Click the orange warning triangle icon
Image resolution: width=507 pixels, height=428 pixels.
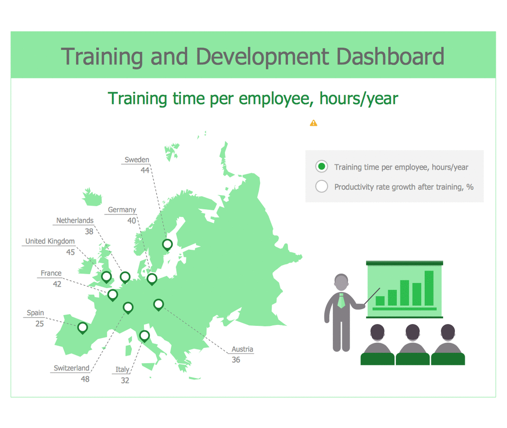(313, 123)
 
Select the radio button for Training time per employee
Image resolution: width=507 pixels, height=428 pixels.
(322, 166)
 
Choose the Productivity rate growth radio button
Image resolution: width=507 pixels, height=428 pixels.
(322, 186)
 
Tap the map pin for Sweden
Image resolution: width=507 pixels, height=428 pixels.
(167, 245)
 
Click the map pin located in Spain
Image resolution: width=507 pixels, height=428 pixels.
(82, 328)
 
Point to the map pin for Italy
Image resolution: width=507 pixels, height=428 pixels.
(144, 336)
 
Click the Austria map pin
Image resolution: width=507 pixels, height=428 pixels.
(158, 305)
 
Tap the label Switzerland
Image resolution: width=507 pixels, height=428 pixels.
(71, 368)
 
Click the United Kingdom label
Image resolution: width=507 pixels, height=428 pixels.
(50, 242)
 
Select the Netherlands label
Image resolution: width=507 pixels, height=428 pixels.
(75, 221)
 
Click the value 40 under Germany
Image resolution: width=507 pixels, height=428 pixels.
(131, 221)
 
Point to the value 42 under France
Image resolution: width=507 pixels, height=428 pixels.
(57, 284)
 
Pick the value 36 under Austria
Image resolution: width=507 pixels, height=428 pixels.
(236, 360)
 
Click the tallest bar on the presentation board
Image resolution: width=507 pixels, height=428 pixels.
(429, 288)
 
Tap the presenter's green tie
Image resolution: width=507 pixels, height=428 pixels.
(341, 301)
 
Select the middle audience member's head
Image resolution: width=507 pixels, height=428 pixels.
(412, 332)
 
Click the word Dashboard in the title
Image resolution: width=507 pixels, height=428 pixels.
(391, 56)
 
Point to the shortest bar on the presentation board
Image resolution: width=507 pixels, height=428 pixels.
(380, 301)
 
